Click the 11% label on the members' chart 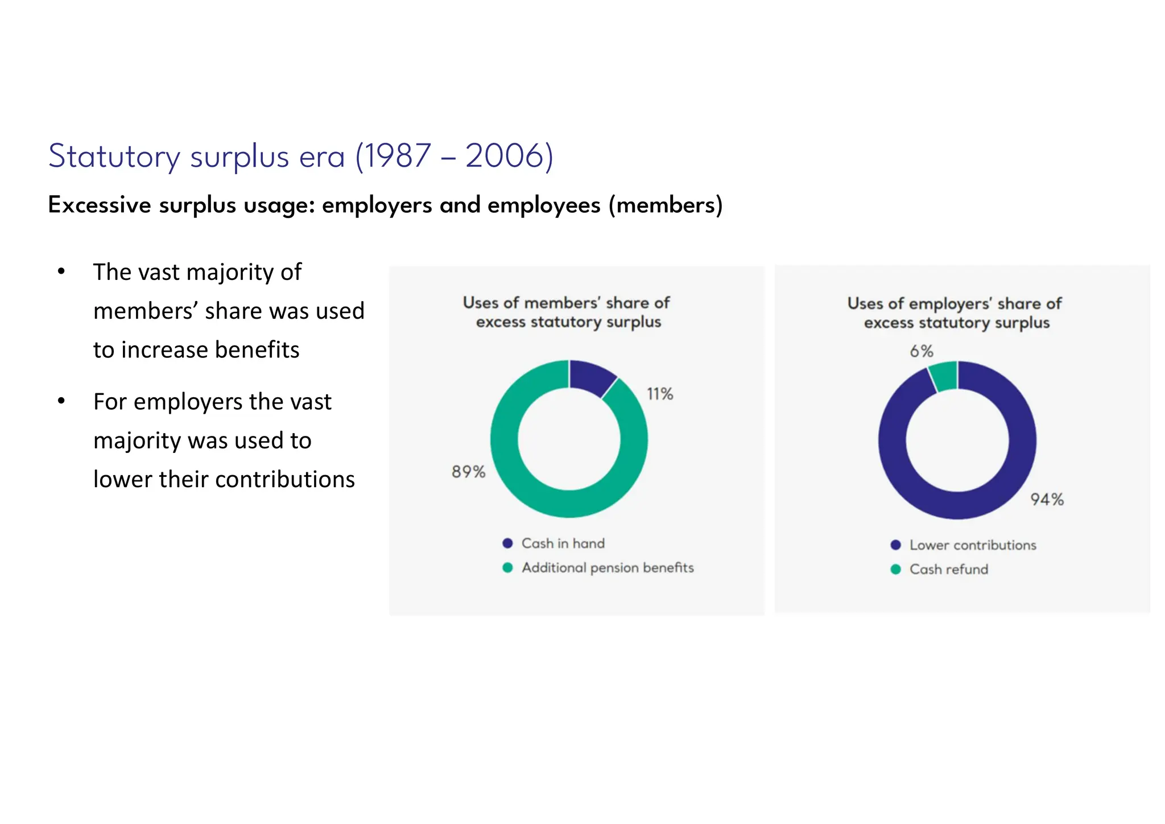point(660,394)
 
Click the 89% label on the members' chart point(468,472)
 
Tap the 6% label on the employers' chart point(921,351)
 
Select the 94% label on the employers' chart point(1047,500)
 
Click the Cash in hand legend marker point(508,543)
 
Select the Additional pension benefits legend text point(608,568)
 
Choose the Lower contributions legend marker point(896,545)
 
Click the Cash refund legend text point(948,570)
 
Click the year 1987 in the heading point(397,156)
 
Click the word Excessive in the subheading point(100,205)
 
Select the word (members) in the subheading point(666,205)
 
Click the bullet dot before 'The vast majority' point(61,271)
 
